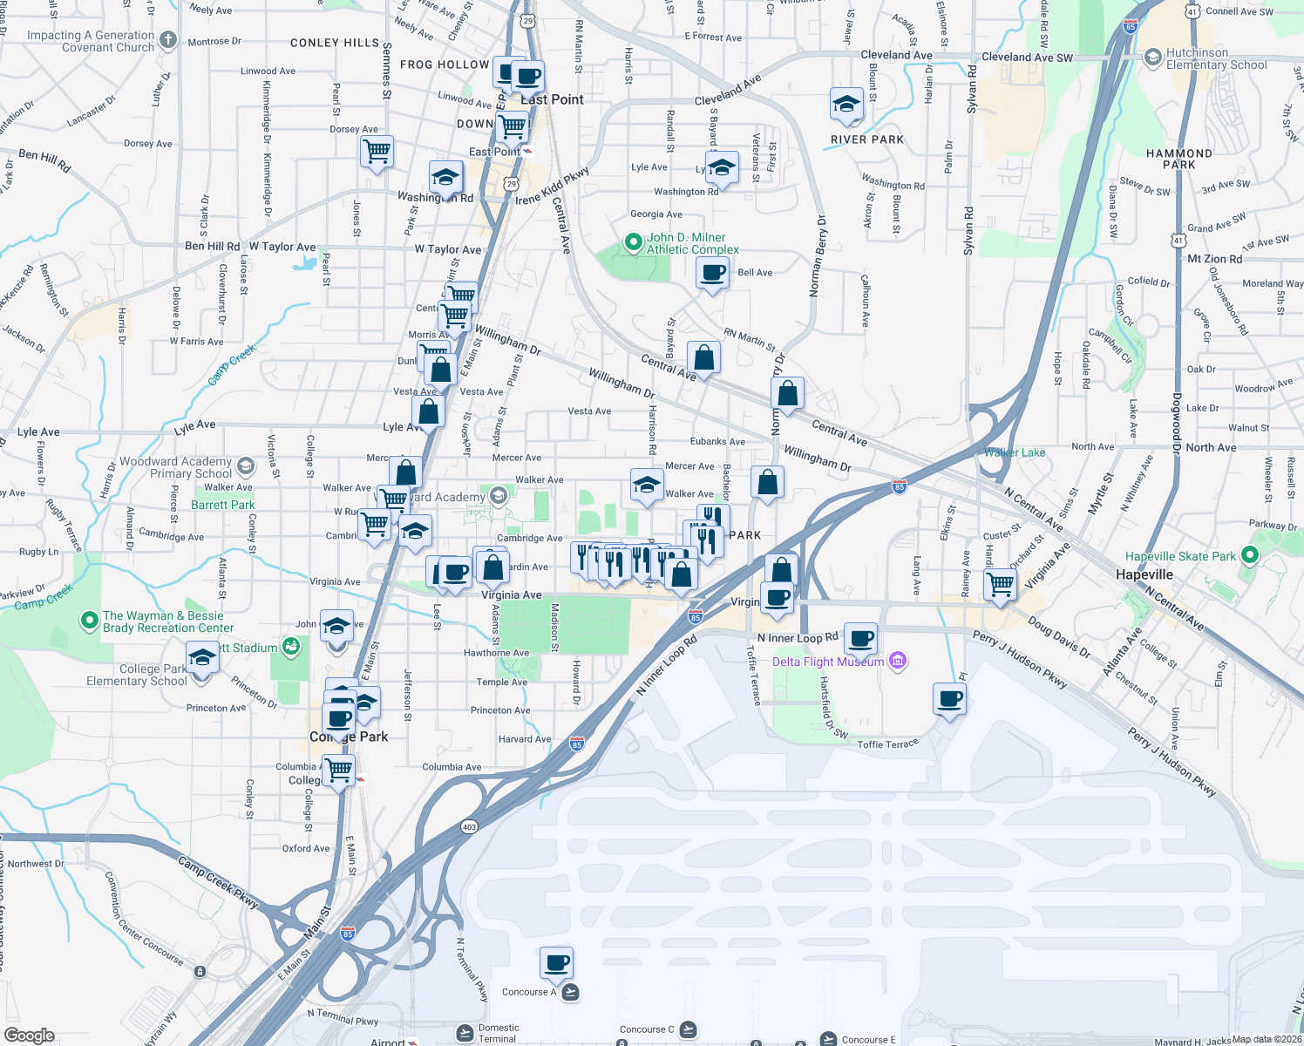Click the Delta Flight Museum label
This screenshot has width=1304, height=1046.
[x=828, y=662]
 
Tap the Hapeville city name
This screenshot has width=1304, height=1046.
[x=1144, y=574]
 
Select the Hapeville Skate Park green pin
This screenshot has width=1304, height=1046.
[x=1249, y=555]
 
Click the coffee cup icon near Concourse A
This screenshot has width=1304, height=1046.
[x=556, y=964]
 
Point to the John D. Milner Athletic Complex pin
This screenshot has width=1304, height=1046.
[x=634, y=243]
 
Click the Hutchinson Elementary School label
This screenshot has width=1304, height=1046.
[x=1216, y=58]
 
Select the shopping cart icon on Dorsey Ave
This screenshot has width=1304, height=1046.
[x=377, y=152]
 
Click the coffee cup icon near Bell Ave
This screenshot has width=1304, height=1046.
[x=713, y=273]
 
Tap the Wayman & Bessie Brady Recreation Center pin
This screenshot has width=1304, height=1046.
[x=89, y=621]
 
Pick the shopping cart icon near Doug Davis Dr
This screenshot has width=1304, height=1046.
[x=1000, y=585]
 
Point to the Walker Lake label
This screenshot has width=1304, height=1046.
[x=1015, y=452]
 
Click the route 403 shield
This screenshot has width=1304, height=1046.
[x=469, y=826]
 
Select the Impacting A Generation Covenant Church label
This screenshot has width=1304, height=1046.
[x=91, y=41]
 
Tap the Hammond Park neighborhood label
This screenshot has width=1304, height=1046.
[x=1178, y=159]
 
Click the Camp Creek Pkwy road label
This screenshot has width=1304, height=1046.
[x=218, y=882]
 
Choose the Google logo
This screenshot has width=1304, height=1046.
[x=30, y=1036]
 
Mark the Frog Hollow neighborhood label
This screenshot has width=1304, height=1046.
[x=445, y=65]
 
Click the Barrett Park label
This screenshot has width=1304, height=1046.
[x=223, y=505]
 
